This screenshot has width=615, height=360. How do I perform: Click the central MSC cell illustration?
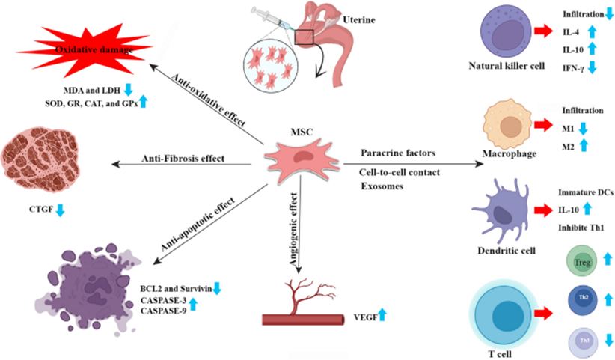pos(299,158)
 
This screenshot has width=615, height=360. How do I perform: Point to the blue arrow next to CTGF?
pos(61,210)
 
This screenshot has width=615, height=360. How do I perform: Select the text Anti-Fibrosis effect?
pos(183,158)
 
